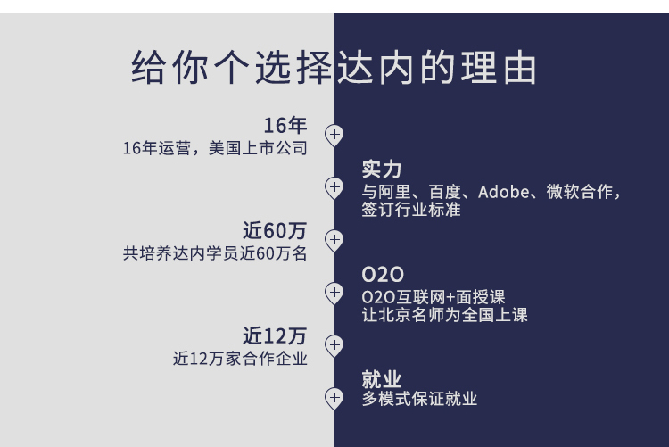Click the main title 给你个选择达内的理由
334,69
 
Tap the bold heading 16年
285,126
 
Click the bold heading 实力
381,170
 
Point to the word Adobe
505,192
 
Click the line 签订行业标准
411,211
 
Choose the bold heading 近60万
275,231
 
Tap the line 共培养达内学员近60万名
215,253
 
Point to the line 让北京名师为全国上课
445,315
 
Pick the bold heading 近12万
275,336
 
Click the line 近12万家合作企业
240,359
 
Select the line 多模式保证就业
419,399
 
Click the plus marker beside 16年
334,135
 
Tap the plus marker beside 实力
334,187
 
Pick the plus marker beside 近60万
334,240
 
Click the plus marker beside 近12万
334,344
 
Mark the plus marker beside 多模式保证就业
334,397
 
